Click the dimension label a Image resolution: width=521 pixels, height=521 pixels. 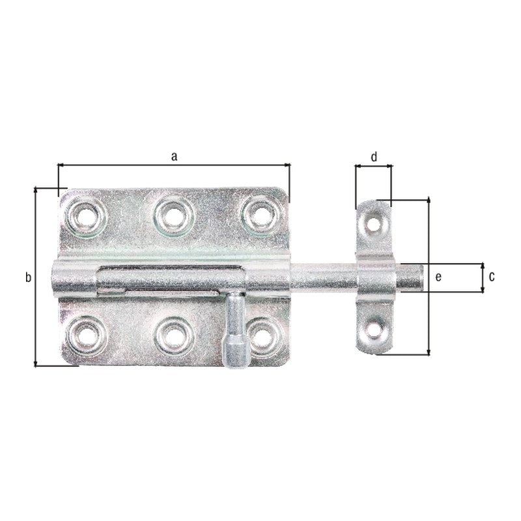pyautogui.click(x=174, y=156)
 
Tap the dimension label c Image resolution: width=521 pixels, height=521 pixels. pyautogui.click(x=492, y=276)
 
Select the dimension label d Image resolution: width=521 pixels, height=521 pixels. pyautogui.click(x=374, y=156)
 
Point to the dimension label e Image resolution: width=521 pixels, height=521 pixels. pyautogui.click(x=438, y=276)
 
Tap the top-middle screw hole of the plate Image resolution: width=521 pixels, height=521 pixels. pyautogui.click(x=173, y=216)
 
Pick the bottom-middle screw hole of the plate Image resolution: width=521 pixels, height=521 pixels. pyautogui.click(x=174, y=337)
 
